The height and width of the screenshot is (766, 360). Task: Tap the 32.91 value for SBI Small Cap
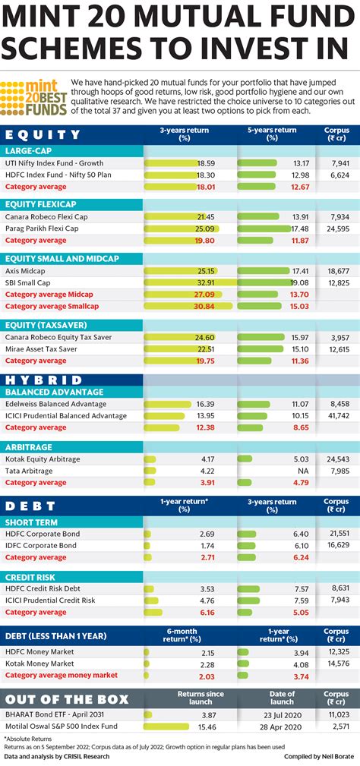pyautogui.click(x=204, y=282)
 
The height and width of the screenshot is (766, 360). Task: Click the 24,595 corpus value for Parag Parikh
pyautogui.click(x=337, y=228)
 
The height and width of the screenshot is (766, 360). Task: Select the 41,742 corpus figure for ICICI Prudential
pyautogui.click(x=337, y=416)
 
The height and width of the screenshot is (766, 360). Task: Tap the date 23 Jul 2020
pyautogui.click(x=283, y=714)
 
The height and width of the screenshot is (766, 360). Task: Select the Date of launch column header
pyautogui.click(x=283, y=698)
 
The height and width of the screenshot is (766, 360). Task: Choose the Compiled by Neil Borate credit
pyautogui.click(x=317, y=757)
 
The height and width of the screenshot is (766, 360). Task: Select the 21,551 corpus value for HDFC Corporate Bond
pyautogui.click(x=337, y=534)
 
